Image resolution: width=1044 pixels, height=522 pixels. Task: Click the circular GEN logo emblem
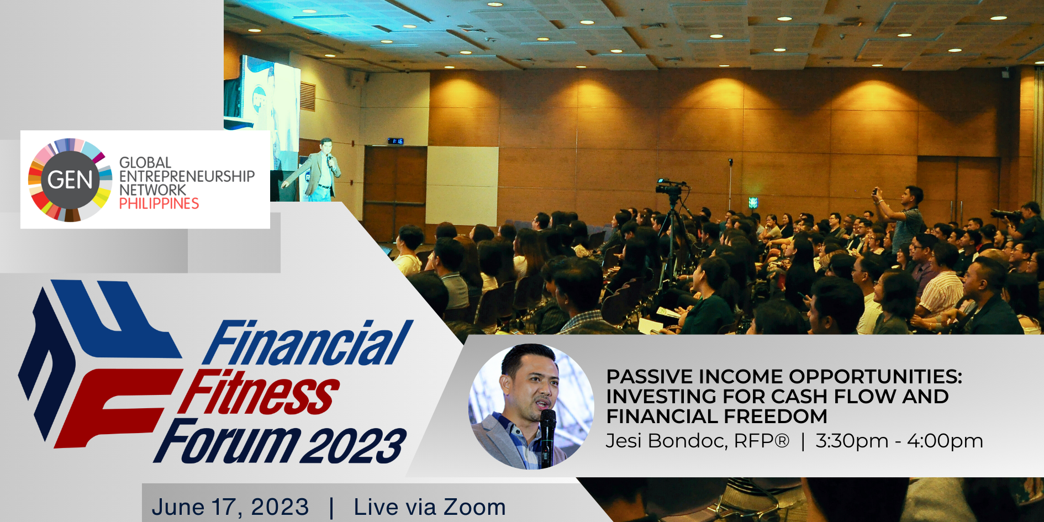(70, 180)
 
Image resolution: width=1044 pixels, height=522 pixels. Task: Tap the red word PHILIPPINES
(159, 204)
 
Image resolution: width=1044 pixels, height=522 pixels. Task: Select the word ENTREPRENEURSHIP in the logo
(187, 176)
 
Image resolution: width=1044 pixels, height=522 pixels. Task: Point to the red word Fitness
(259, 392)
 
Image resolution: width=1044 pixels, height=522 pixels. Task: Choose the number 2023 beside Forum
(355, 445)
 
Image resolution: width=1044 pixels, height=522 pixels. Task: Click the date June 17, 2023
(230, 507)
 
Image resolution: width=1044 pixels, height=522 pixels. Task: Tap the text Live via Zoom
(430, 507)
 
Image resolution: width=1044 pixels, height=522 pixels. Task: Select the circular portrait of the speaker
(531, 407)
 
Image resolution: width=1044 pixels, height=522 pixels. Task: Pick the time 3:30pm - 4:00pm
(899, 441)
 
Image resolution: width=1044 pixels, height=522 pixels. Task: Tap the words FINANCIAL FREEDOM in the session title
(717, 416)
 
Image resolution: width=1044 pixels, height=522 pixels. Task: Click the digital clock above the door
(396, 141)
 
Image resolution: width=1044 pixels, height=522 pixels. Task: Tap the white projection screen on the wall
(462, 186)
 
